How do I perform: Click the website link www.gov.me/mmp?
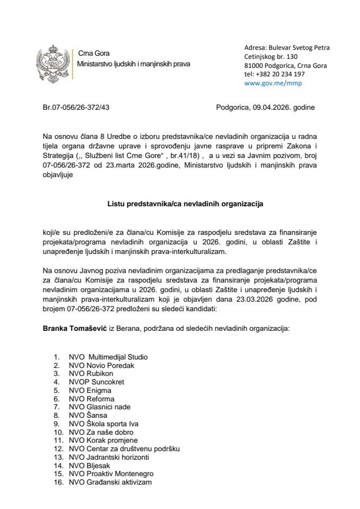pyautogui.click(x=275, y=83)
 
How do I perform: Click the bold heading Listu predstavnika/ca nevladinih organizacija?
pyautogui.click(x=180, y=203)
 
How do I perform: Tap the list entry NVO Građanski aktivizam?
pyautogui.click(x=110, y=482)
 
